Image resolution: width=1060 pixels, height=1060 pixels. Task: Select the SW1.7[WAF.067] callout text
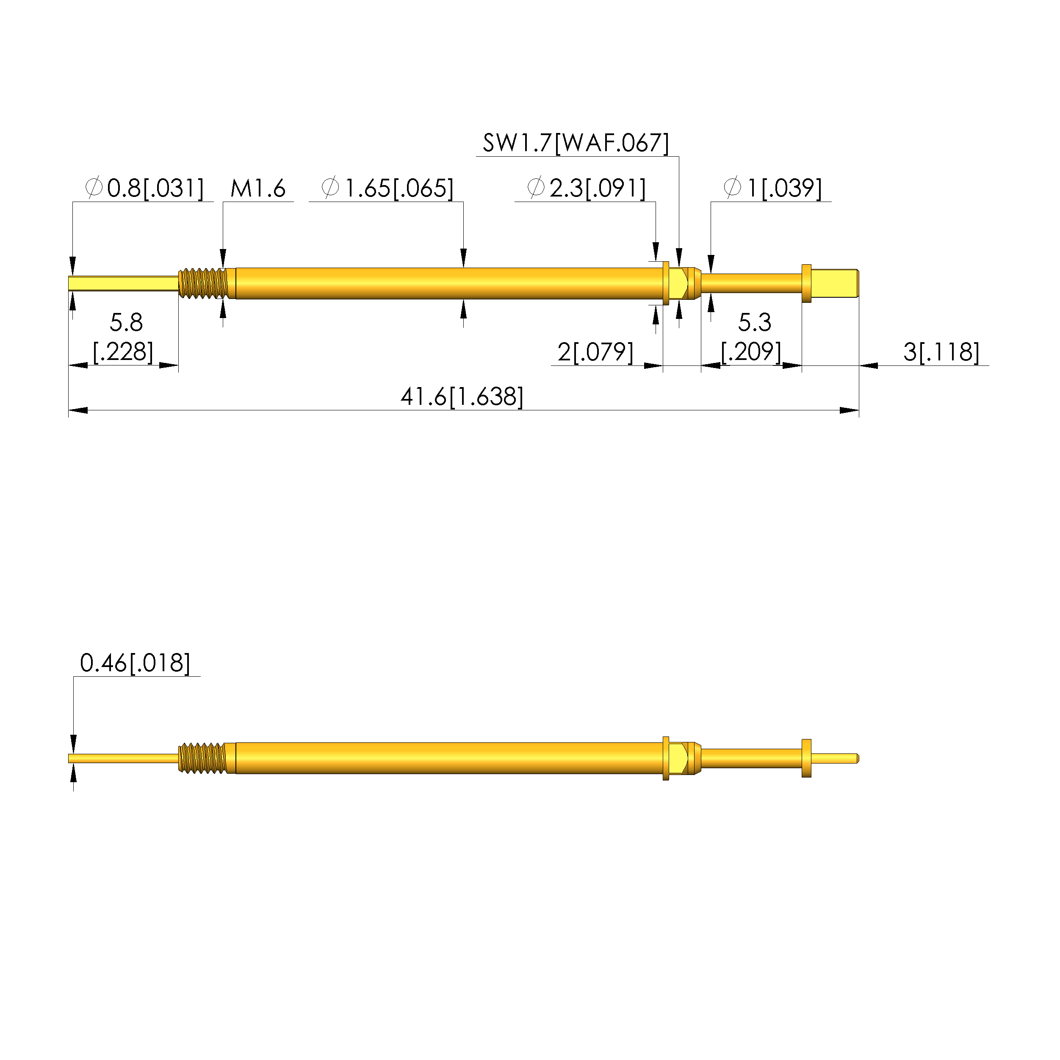coord(576,143)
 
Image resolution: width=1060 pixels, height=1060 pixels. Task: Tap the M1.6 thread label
coord(258,189)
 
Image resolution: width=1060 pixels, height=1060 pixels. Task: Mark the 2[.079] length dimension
coord(595,352)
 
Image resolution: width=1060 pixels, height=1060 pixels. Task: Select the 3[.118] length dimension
coord(941,352)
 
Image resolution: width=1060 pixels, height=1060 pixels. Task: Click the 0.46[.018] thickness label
coord(135,663)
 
